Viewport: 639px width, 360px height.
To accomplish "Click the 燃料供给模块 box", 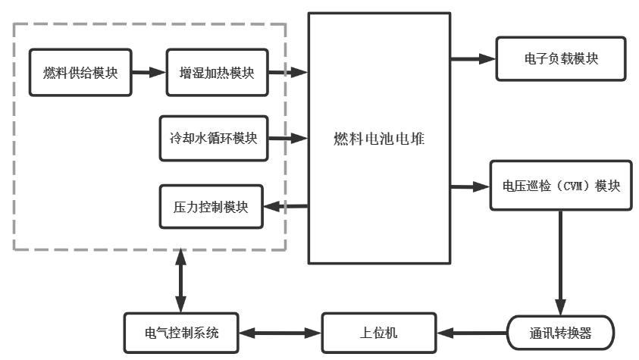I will click(x=80, y=73).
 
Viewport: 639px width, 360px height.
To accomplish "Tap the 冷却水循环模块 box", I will click(x=214, y=138).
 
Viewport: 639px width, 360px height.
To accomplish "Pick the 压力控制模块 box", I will click(x=211, y=206).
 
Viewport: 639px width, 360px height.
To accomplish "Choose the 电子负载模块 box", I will click(x=561, y=58).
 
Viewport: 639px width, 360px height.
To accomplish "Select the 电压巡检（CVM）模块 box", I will click(x=561, y=186).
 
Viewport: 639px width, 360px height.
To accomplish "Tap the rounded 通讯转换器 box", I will click(x=560, y=333).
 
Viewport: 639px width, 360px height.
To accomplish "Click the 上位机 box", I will click(x=379, y=333).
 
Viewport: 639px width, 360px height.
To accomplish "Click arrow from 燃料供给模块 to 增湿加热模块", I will click(x=149, y=73).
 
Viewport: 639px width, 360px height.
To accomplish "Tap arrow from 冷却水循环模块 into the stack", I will click(x=288, y=138).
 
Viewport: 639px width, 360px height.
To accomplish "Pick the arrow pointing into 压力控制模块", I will click(x=285, y=206).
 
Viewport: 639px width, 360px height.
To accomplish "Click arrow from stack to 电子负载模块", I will click(x=472, y=58).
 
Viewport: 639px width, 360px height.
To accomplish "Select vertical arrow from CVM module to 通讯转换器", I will click(x=560, y=261).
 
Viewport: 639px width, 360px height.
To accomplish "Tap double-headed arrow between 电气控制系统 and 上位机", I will click(x=280, y=333).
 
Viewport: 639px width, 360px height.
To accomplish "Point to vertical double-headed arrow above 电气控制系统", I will click(x=180, y=280).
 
